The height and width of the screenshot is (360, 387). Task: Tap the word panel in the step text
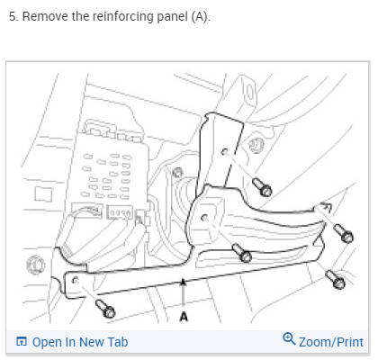coord(173,17)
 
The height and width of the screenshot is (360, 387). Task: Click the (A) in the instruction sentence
coord(201,16)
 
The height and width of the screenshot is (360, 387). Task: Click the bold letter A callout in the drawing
coord(184,317)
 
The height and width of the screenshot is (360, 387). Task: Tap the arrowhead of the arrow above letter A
coord(183,282)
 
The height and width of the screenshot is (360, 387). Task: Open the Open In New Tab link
coord(80,342)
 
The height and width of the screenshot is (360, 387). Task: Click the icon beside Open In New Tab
coord(22,342)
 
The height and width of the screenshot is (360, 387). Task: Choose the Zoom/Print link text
coord(331,342)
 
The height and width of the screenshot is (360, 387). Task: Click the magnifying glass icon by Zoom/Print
coord(289,338)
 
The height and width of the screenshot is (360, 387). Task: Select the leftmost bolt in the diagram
coord(105,309)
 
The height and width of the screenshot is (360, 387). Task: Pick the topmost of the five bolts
coord(262,187)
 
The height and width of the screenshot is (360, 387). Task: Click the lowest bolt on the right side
coord(336,280)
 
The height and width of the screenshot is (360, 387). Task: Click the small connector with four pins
coord(120,212)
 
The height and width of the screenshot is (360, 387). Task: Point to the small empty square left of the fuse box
coord(43,194)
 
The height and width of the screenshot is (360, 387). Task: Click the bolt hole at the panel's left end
coord(76,281)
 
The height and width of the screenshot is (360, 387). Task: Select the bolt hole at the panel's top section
coord(224,152)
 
